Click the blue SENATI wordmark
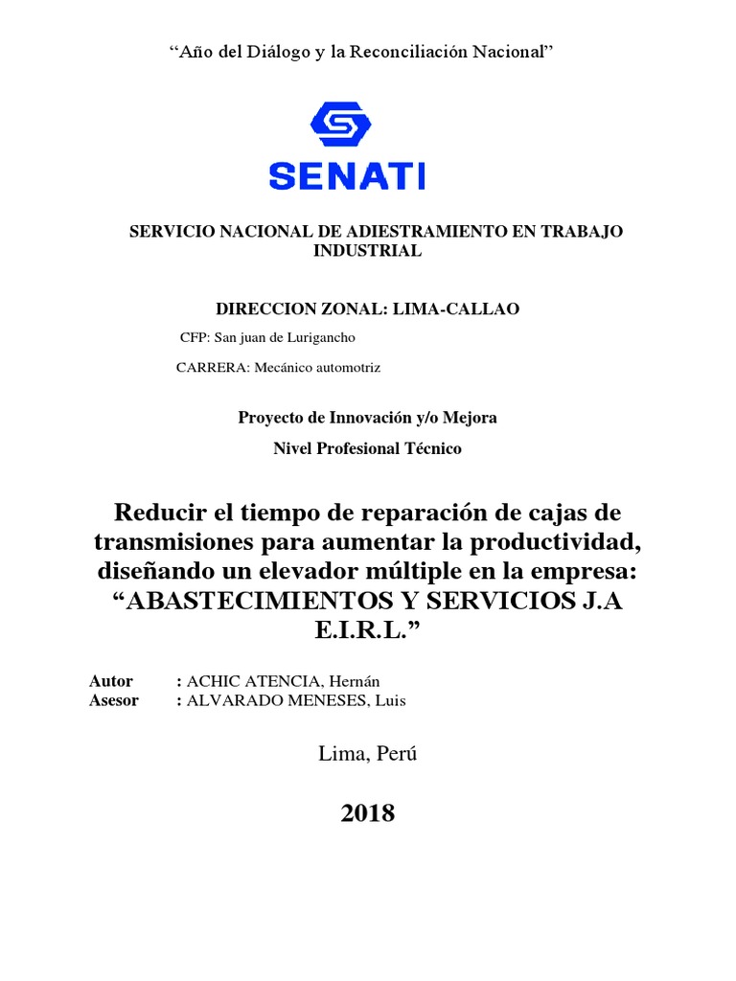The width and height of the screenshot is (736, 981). coord(347,175)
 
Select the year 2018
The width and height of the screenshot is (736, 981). coord(368,813)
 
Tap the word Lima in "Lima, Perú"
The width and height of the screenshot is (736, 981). coord(341,754)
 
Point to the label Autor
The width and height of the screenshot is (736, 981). coord(111,681)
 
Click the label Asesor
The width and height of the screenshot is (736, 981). coord(114,700)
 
